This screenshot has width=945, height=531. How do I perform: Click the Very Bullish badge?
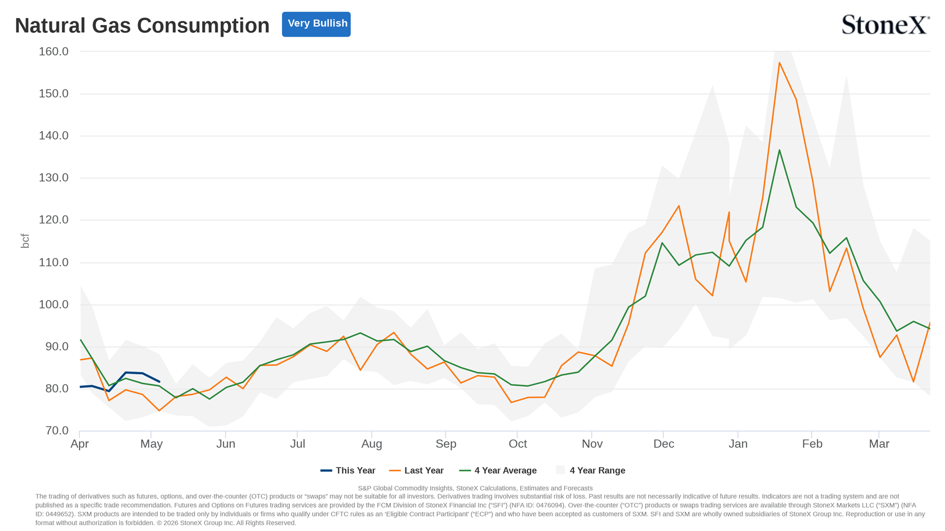point(316,24)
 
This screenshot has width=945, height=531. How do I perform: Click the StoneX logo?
point(886,24)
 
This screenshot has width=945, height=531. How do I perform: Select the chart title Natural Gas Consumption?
point(142,25)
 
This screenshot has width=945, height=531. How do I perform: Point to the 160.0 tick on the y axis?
point(54,51)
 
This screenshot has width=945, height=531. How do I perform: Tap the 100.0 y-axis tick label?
point(54,304)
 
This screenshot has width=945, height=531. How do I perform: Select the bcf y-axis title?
point(25,241)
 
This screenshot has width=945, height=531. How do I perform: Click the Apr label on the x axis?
point(80,444)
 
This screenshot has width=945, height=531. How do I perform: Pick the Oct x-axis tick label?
point(518,444)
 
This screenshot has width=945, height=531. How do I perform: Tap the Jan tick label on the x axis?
point(738,444)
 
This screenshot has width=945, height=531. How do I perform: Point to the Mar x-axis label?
point(879,444)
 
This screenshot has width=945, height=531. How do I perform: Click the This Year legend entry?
point(348,471)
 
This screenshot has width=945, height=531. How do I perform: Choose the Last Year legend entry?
point(416,471)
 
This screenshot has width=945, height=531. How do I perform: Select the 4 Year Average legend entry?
point(497,471)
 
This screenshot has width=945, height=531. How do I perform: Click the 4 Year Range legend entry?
point(590,471)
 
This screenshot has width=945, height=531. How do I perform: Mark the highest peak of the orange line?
point(779,63)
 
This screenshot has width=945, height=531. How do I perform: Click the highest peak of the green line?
point(779,150)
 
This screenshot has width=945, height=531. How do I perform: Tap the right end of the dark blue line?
point(159,382)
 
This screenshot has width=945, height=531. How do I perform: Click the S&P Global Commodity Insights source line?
point(475,489)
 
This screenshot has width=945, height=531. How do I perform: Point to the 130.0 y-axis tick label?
point(54,178)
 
